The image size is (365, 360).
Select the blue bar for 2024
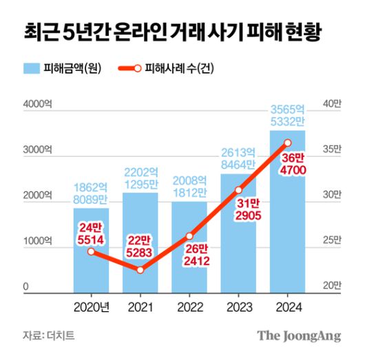point(287,220)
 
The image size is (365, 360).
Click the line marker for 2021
point(140,270)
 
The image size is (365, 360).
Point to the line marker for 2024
point(287,143)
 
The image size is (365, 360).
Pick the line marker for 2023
point(238,190)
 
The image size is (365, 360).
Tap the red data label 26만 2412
point(189,255)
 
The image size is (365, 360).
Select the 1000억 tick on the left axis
point(37,241)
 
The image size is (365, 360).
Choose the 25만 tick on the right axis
point(332,241)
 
